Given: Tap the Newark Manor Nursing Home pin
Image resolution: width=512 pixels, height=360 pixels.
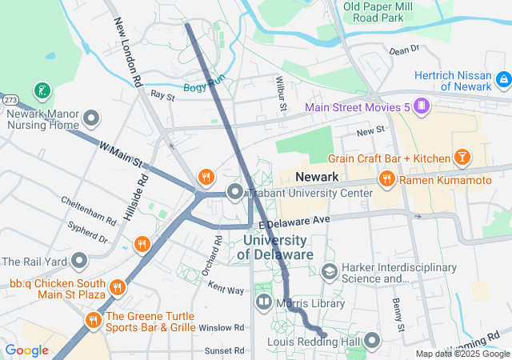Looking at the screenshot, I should click(x=90, y=119).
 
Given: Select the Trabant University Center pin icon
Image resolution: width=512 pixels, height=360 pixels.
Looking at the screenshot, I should click(x=234, y=192).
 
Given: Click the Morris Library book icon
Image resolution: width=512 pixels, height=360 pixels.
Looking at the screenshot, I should click(x=264, y=302).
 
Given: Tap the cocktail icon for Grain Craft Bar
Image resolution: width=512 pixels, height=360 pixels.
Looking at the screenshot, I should click(x=462, y=158).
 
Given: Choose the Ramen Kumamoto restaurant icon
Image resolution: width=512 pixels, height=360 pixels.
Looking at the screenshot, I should click(x=386, y=180).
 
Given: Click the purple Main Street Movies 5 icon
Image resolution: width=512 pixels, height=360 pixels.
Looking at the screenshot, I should click(x=423, y=106).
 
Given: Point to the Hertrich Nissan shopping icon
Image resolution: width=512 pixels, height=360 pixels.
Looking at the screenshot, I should click(x=502, y=79).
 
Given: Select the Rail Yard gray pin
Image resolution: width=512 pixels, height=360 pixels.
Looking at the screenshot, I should click(x=79, y=261).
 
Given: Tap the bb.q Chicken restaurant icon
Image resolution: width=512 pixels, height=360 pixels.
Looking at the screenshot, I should click(x=117, y=286).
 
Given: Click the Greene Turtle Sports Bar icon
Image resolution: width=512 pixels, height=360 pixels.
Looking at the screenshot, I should click(x=92, y=320).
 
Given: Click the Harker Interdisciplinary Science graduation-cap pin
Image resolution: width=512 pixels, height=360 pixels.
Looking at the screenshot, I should click(x=329, y=272).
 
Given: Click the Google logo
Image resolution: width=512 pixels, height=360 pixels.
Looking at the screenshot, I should click(x=26, y=350).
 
